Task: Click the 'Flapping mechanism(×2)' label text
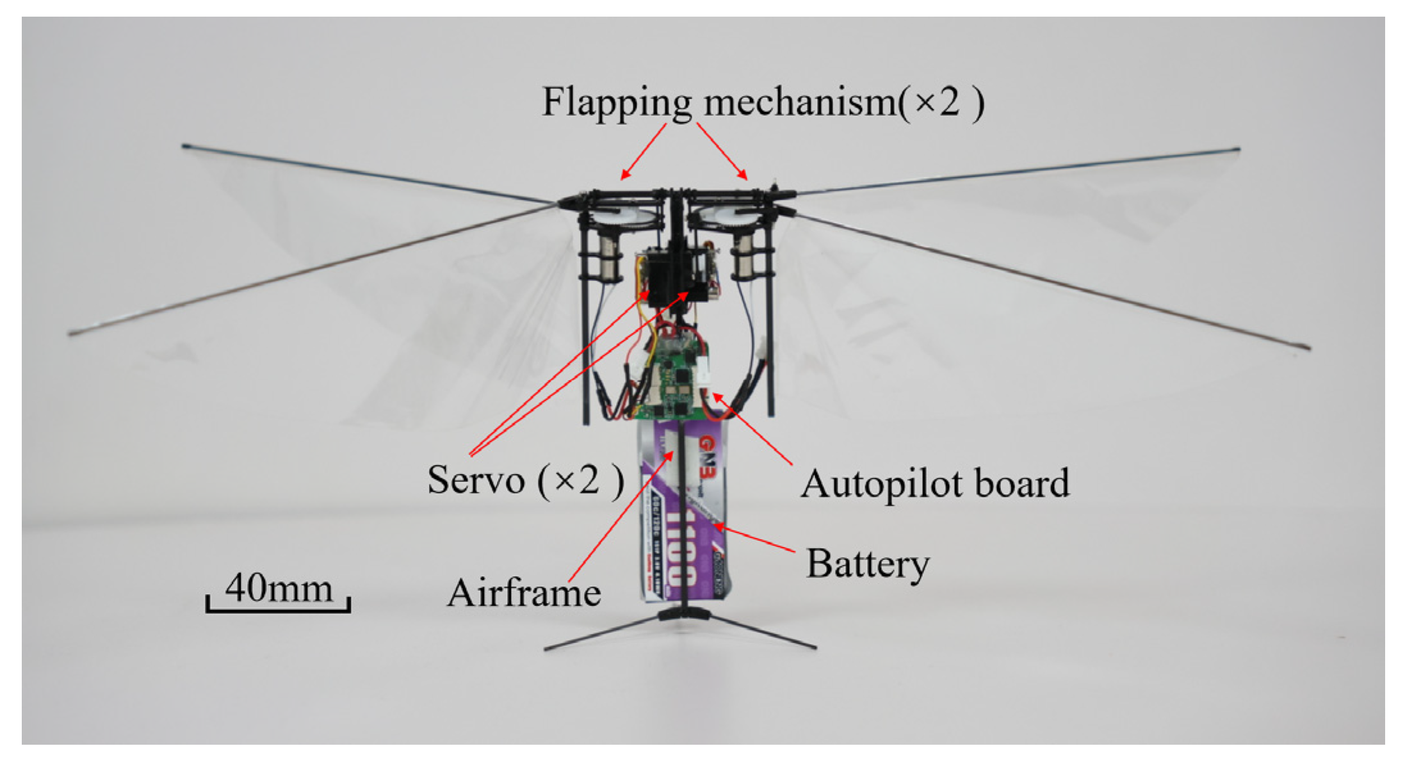coord(762,102)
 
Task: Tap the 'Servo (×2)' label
coord(525,480)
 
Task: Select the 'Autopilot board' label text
coord(935,483)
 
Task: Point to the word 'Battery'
coord(868,564)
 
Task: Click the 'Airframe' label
coord(524,593)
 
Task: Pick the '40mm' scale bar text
coord(279,587)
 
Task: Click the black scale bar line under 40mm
coord(278,610)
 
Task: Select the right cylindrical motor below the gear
coord(743,256)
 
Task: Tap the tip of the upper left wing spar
coord(184,146)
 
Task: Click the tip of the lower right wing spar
coord(1308,348)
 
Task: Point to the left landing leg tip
coord(546,649)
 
